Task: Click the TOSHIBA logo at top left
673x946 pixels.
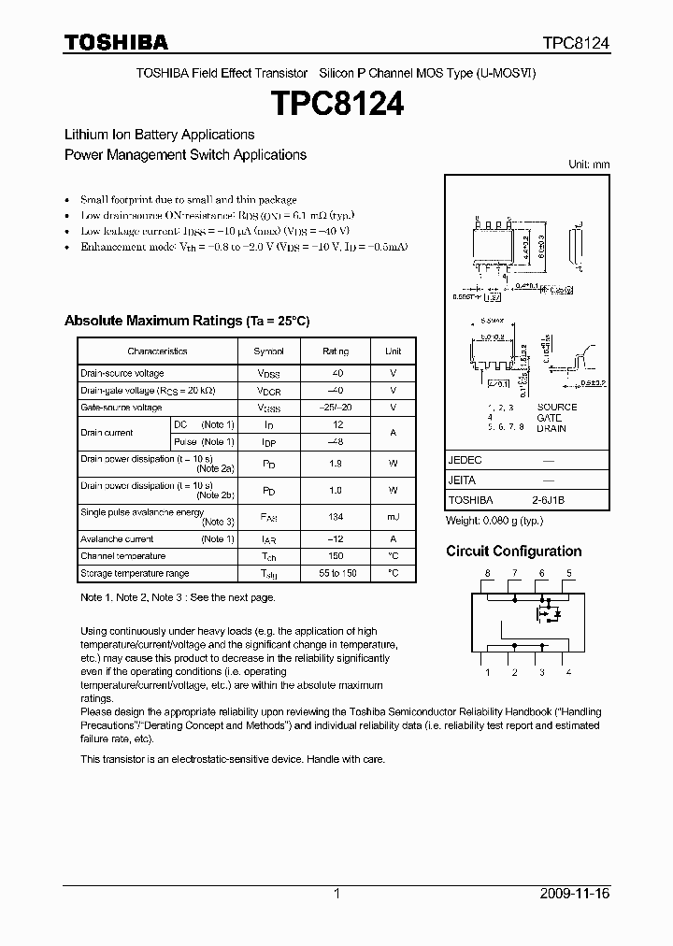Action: [x=116, y=42]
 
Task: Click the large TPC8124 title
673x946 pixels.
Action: [x=336, y=104]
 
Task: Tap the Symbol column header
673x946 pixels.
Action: [x=269, y=351]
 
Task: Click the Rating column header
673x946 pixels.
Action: [x=336, y=351]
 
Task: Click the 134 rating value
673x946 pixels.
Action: [x=336, y=517]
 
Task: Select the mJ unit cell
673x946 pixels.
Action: [x=393, y=517]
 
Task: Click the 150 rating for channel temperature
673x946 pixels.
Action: [x=336, y=556]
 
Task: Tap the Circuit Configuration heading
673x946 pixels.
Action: [x=513, y=552]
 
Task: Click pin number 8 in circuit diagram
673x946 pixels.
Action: [x=487, y=573]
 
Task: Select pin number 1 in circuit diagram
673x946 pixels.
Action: [x=487, y=672]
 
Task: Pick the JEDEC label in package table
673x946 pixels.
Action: [x=465, y=461]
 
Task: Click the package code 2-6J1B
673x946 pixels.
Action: [x=549, y=500]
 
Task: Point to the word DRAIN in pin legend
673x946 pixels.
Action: [x=551, y=428]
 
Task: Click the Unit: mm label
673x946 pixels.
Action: [x=589, y=165]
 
